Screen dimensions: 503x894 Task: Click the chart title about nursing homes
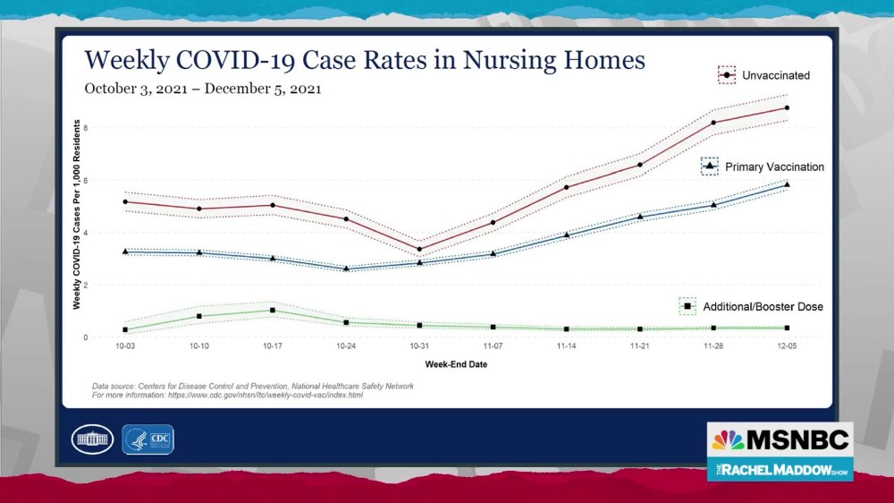pos(364,60)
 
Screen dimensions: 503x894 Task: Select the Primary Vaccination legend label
pos(774,167)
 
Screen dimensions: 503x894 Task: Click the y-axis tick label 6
pos(88,181)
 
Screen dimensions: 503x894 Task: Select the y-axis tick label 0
pos(88,337)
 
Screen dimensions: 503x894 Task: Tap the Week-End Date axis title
pos(456,365)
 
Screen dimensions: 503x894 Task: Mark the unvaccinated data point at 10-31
pos(419,250)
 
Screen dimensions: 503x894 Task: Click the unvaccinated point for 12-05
pos(787,108)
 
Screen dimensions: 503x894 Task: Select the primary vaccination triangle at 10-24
pos(346,269)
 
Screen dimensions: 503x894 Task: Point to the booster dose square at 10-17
pos(273,311)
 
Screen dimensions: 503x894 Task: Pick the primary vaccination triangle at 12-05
pos(787,184)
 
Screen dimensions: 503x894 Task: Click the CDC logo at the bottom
pos(148,439)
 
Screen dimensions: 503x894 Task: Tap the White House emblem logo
pos(91,439)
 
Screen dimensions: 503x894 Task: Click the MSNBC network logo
pos(780,440)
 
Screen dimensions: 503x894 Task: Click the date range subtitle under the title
pos(203,90)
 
